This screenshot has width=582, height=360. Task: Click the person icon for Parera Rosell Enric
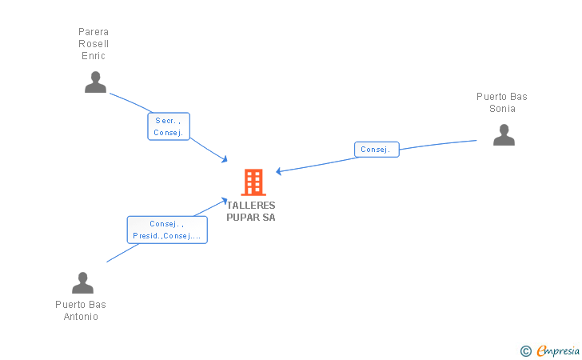pos(95,82)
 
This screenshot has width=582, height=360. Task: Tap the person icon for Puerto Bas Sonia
pos(504,135)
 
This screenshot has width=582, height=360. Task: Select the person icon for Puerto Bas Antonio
pos(82,283)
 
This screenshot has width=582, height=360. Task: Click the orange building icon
pos(253,182)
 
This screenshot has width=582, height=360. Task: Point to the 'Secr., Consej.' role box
pos(169,126)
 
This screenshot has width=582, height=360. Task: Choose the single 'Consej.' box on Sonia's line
pos(376,150)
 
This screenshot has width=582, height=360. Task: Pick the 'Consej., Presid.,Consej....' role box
pos(167,230)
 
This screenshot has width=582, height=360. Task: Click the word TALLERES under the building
pos(250,206)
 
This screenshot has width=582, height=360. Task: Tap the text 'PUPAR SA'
pos(250,218)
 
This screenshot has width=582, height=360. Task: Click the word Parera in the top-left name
pos(94,32)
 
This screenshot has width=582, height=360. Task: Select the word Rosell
pos(94,44)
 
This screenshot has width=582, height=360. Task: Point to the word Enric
pos(94,56)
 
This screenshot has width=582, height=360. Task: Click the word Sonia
pos(502,109)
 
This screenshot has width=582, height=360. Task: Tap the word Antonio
pos(81,317)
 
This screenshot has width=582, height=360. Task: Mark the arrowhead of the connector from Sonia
pos(279,171)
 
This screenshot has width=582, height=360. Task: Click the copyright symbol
pos(525,350)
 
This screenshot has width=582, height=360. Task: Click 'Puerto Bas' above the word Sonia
pos(502,97)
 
